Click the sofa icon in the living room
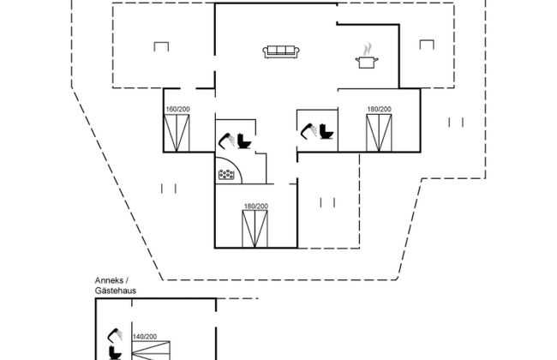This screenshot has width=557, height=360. pyautogui.click(x=282, y=51)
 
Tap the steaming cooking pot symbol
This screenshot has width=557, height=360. pyautogui.click(x=367, y=57)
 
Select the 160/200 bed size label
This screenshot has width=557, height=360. pyautogui.click(x=177, y=110)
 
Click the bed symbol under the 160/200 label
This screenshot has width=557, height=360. pyautogui.click(x=177, y=133)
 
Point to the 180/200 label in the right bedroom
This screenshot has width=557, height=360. pyautogui.click(x=378, y=110)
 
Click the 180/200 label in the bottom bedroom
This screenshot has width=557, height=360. pyautogui.click(x=255, y=207)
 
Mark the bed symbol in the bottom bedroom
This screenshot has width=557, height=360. pyautogui.click(x=255, y=230)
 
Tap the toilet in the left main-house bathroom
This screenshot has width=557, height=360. pyautogui.click(x=245, y=141)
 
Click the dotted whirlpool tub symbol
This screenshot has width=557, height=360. pyautogui.click(x=227, y=174)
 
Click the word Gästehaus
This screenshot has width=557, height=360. pyautogui.click(x=117, y=291)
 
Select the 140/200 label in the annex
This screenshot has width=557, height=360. pyautogui.click(x=144, y=337)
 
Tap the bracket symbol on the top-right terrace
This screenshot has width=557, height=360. pyautogui.click(x=426, y=45)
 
